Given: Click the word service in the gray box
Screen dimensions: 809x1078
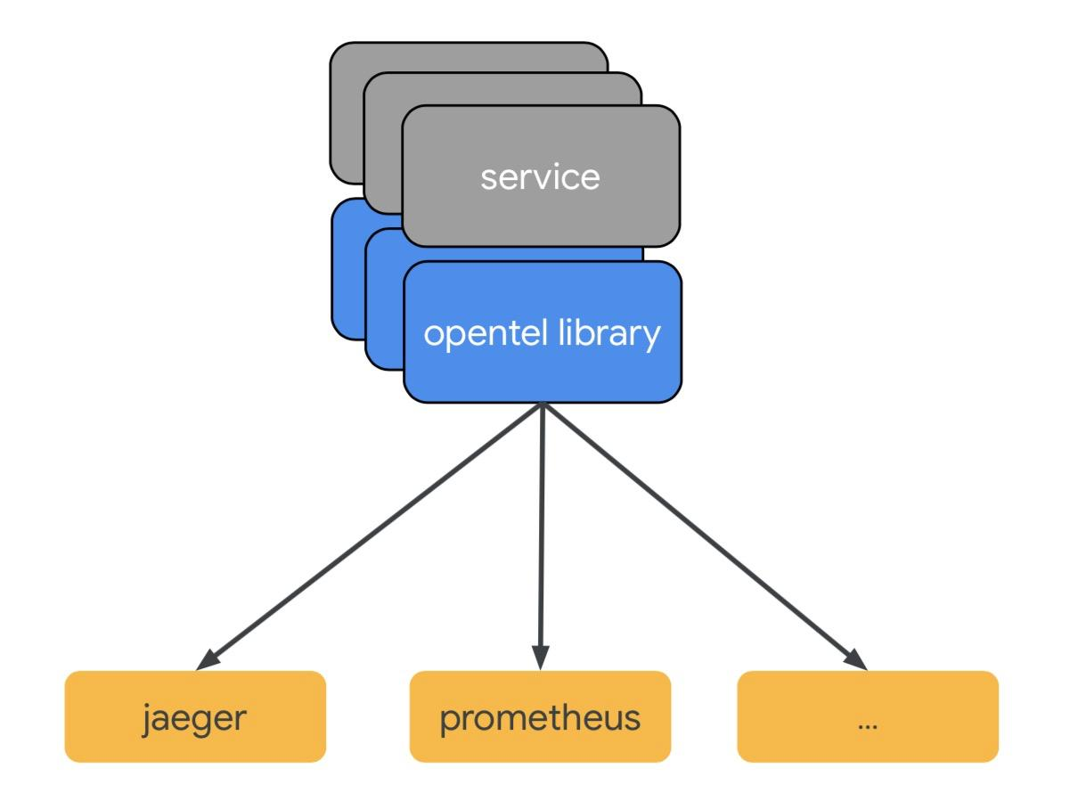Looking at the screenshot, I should (x=540, y=176).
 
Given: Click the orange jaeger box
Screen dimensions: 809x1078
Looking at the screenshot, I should (x=195, y=716).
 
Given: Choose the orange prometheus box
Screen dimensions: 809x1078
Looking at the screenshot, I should (x=540, y=716).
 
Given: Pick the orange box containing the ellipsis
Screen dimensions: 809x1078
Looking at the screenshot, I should (x=868, y=716).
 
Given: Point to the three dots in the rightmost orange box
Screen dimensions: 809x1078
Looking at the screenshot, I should (x=868, y=723).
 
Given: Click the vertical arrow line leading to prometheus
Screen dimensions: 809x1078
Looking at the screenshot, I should (x=541, y=535).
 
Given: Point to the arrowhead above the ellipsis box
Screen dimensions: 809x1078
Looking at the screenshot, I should (x=856, y=660).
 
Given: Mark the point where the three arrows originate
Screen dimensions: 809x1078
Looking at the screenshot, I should (x=541, y=405).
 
